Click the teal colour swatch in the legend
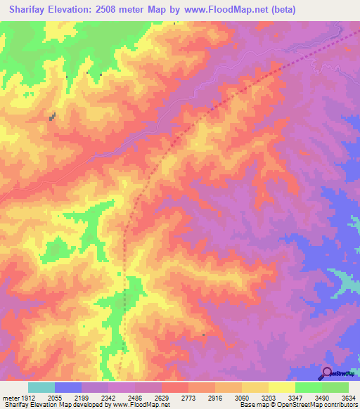point(41,388)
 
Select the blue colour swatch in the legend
point(68,388)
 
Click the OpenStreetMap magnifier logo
point(327,374)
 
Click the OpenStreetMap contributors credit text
point(314,405)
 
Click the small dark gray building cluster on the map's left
point(52,117)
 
